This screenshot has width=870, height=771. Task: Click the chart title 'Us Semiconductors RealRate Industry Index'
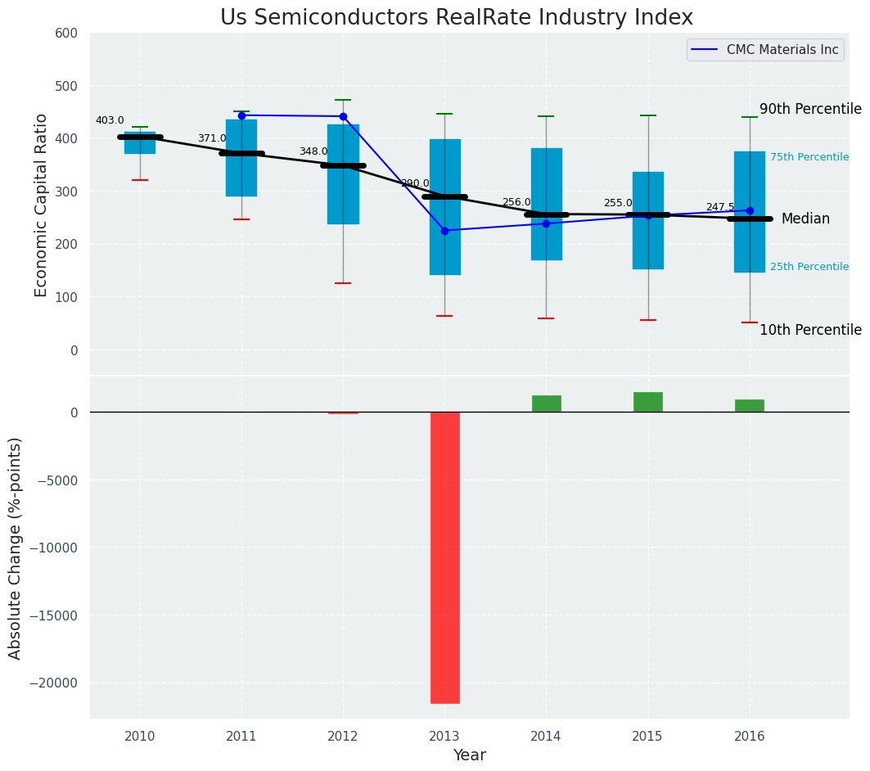point(456,17)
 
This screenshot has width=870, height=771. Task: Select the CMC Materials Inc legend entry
point(782,50)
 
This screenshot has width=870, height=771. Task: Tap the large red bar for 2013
point(445,557)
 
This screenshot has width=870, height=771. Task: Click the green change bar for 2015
point(648,402)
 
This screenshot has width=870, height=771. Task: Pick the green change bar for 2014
point(546,404)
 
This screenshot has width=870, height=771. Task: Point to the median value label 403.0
point(110,120)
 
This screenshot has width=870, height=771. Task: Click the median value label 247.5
point(720,207)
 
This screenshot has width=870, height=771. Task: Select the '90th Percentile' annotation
point(810,109)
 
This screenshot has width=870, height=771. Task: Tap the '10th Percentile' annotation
point(810,330)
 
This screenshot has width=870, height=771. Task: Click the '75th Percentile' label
point(809,157)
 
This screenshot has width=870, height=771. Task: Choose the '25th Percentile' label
point(809,267)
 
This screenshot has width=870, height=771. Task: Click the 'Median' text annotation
point(805,219)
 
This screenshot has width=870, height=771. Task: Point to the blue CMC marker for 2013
point(444,231)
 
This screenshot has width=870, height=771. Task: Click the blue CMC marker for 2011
point(241,115)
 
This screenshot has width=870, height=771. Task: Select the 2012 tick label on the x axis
point(343,736)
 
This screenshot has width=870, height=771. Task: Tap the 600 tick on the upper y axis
point(66,33)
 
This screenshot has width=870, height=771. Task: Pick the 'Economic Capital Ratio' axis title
point(41,205)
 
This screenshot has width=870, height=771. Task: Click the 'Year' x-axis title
point(470,755)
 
